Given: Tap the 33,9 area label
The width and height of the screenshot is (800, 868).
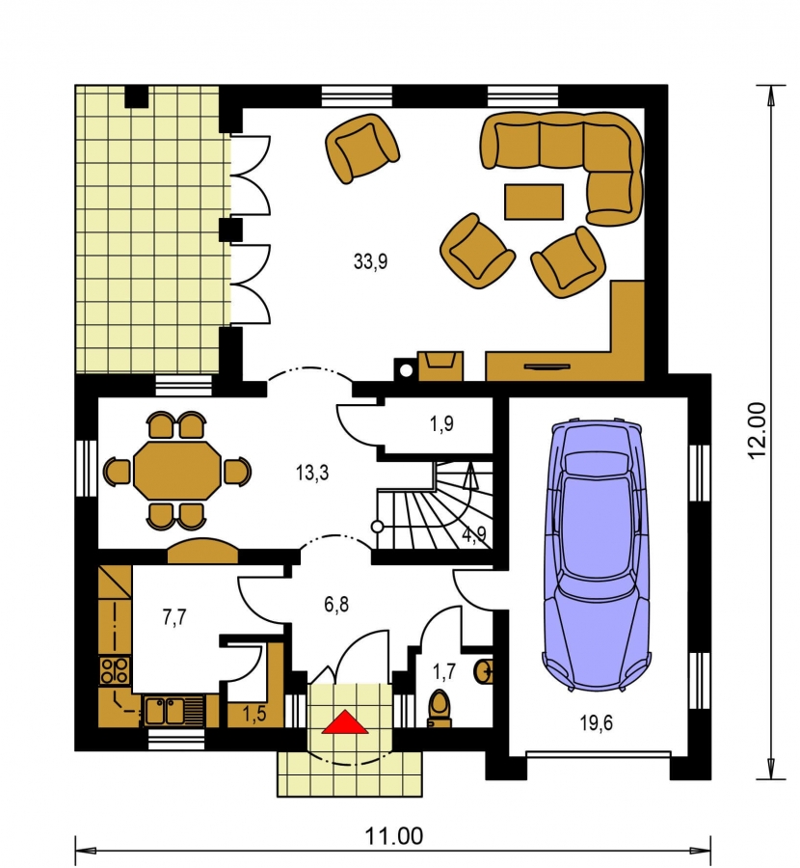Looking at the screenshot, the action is pos(371,260).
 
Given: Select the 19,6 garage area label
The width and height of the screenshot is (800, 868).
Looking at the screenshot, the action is pos(596,722).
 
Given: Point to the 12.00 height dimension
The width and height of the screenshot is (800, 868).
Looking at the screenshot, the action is pos(757,429).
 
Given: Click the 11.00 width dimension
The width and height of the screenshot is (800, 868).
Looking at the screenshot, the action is pos(394,836).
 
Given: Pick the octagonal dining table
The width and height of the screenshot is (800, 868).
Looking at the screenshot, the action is pos(177,471).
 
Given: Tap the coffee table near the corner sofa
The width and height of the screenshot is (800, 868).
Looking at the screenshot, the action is pos(534,203).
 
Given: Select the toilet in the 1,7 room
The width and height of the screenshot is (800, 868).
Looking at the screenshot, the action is pos(440,708).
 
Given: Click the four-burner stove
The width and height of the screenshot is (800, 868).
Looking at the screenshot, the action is pos(115,670).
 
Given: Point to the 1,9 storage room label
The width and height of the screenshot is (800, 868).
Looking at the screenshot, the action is pos(441,423).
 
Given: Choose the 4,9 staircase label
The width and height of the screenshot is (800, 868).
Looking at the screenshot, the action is pos(474,534).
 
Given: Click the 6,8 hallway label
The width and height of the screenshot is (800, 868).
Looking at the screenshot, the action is pos(336,605).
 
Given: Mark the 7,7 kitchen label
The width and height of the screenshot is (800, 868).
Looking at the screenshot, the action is pos(174,616).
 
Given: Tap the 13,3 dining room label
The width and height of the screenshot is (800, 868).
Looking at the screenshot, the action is pos(312,473).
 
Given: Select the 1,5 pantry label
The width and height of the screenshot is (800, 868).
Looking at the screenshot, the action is pos(253,714).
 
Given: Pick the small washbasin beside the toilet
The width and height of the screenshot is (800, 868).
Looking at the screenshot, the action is pos(484,671).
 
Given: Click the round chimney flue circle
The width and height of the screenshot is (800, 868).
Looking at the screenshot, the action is pos(406,371).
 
